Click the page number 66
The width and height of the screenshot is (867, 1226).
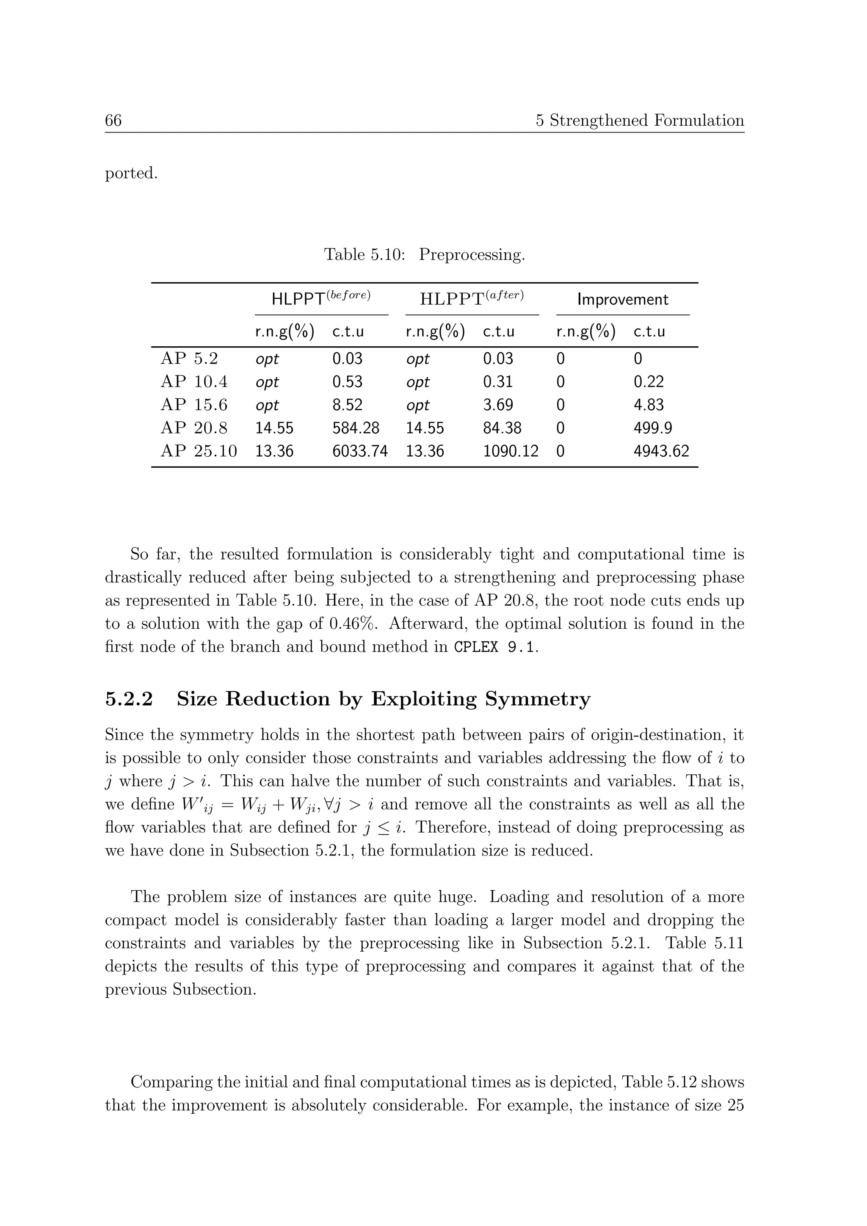(113, 120)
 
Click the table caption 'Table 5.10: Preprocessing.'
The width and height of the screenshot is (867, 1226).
(425, 255)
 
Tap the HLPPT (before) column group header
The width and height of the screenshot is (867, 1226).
(321, 298)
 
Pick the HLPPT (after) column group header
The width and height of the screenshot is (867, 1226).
(472, 298)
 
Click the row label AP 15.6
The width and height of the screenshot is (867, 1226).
(194, 405)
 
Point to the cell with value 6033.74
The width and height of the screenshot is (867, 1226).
(360, 451)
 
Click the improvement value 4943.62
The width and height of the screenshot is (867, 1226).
(661, 451)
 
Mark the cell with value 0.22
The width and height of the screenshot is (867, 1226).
(649, 381)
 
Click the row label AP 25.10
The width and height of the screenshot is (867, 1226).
(199, 451)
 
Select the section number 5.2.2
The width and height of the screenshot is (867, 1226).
(129, 699)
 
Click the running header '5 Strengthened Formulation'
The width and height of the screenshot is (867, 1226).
(640, 120)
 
